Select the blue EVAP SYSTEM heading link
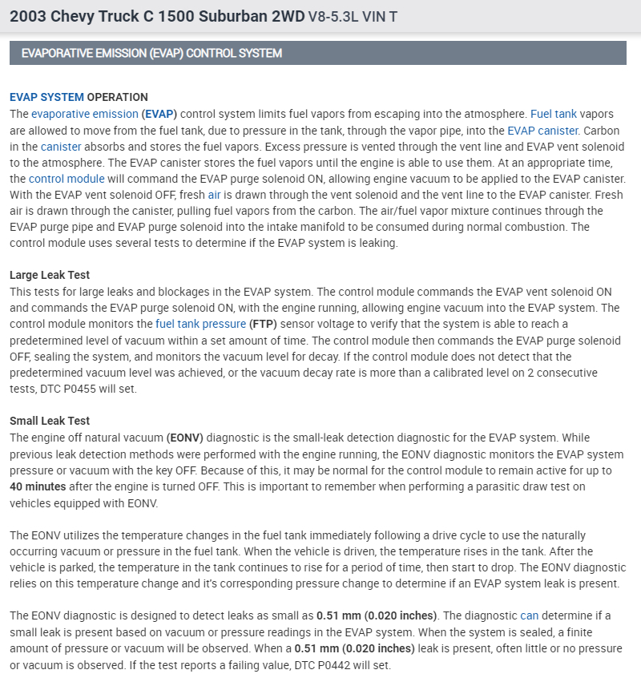(46, 97)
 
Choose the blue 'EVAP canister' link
(542, 130)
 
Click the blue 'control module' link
(60, 178)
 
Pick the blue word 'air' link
(214, 194)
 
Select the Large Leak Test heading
(50, 275)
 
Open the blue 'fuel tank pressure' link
(201, 324)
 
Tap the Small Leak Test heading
(50, 421)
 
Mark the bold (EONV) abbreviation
(185, 438)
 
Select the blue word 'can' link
(530, 615)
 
